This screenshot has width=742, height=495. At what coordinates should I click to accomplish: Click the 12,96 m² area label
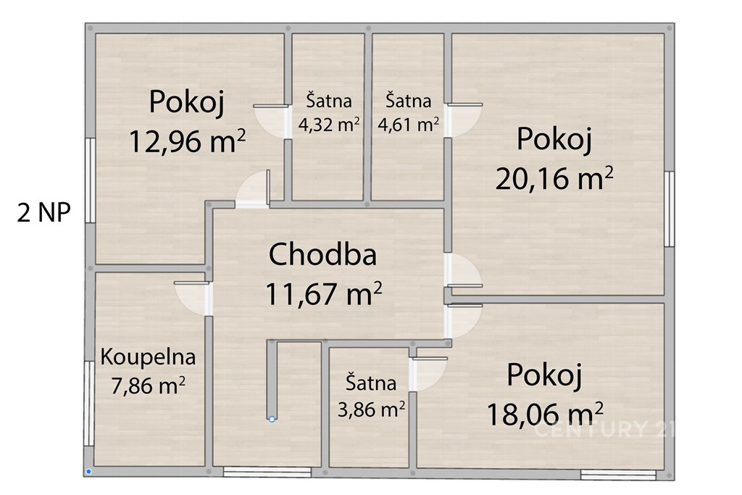point(187,141)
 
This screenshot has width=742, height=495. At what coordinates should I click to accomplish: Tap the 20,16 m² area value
point(554,178)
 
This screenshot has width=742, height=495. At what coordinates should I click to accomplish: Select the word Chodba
point(322,254)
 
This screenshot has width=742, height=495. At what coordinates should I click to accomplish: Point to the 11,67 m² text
point(324,294)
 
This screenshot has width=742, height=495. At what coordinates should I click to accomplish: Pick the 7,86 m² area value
point(148,386)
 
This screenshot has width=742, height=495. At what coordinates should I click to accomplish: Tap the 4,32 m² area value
point(329,125)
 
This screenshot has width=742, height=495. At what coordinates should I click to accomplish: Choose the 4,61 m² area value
point(409,125)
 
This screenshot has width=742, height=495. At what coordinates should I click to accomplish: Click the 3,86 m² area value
point(371,409)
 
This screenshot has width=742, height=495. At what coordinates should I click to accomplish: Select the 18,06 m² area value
point(545,415)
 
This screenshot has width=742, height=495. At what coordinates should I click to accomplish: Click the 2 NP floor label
point(44,212)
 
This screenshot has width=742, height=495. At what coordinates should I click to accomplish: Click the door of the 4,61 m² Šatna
point(464,120)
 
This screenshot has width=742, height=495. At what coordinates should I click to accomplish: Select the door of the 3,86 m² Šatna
point(429,374)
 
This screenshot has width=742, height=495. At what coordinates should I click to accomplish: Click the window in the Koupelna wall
point(88,404)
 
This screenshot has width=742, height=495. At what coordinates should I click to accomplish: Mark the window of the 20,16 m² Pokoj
point(669,209)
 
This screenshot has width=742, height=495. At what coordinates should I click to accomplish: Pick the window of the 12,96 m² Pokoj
point(89,180)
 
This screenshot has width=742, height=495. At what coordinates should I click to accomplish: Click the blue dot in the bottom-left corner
point(89,472)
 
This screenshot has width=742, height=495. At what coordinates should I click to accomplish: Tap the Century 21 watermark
point(604,430)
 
